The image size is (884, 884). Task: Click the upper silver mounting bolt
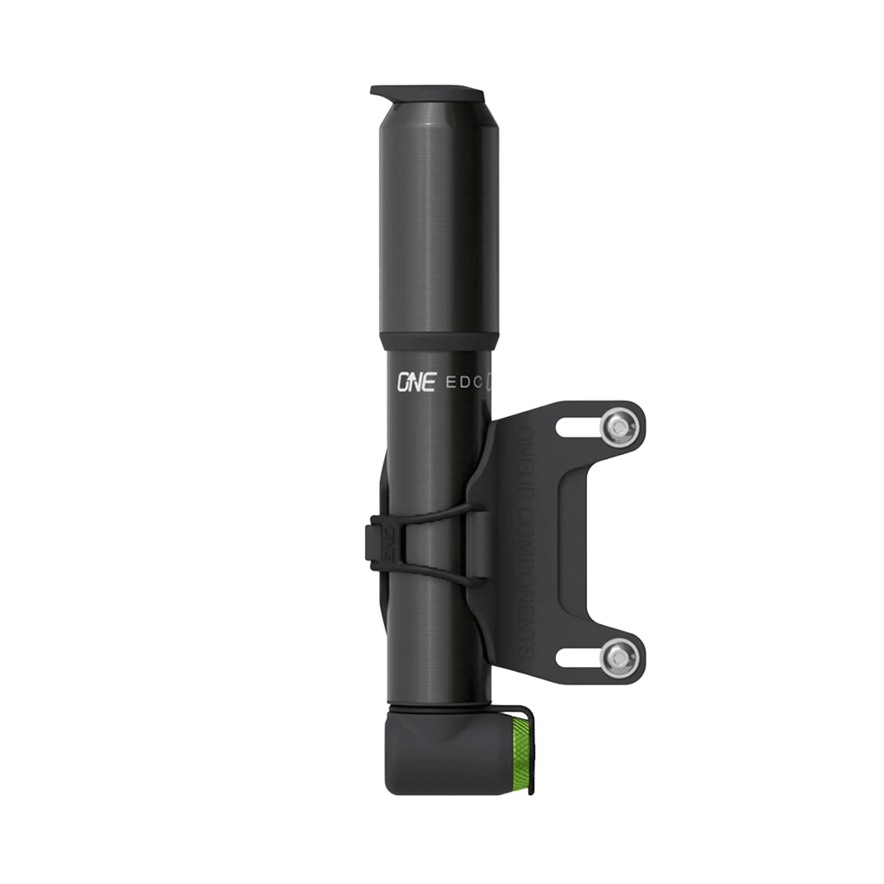point(620,426)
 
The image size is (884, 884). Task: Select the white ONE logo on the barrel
point(415,382)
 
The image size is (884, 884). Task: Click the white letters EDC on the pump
point(467,381)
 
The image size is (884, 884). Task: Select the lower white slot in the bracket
point(580,660)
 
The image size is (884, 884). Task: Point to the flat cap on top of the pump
point(426,92)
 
